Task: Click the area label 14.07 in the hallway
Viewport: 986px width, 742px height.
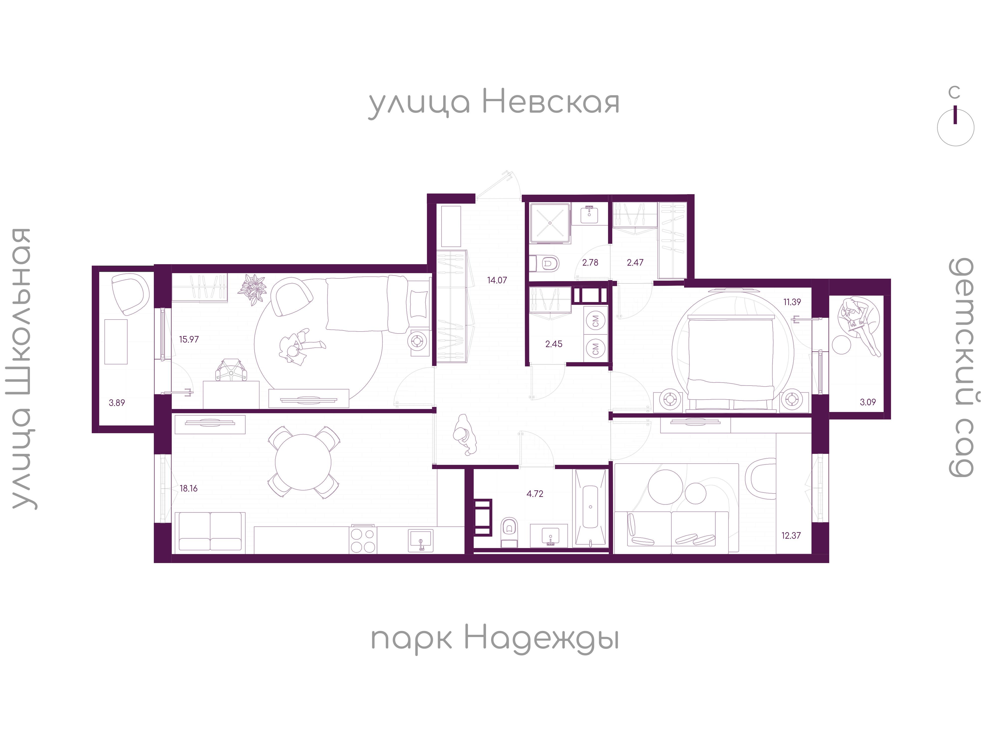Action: click(x=497, y=280)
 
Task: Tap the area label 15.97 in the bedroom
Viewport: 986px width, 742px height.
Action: click(x=189, y=339)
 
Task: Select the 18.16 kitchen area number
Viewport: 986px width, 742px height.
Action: click(x=188, y=489)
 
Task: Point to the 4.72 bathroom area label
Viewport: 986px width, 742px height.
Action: click(x=535, y=494)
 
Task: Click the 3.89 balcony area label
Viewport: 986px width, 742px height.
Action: click(x=117, y=403)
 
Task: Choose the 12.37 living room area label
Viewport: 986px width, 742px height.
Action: click(x=791, y=536)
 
